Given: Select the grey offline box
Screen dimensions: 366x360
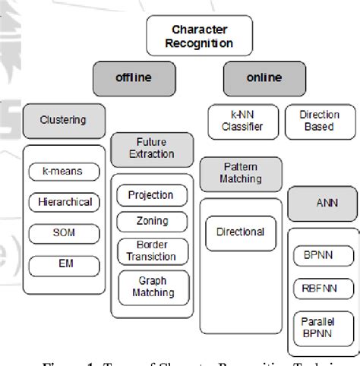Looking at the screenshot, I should click(x=134, y=78).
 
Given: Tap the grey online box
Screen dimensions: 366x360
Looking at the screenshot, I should click(x=264, y=78).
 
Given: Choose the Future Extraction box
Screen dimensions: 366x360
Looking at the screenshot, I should click(x=151, y=147).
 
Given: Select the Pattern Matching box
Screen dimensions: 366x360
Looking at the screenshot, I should click(x=240, y=172).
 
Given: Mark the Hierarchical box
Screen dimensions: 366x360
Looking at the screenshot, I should click(x=64, y=202).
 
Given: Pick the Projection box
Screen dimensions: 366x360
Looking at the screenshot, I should click(x=151, y=194).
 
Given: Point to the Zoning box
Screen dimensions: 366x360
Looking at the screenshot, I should click(x=151, y=222).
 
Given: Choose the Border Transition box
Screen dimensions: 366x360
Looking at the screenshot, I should click(x=151, y=251).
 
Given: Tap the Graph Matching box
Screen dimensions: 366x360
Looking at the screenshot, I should click(x=151, y=286).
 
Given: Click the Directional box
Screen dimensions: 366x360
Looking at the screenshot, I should click(x=240, y=232).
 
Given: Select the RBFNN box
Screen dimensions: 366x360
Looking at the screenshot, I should click(x=318, y=288).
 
